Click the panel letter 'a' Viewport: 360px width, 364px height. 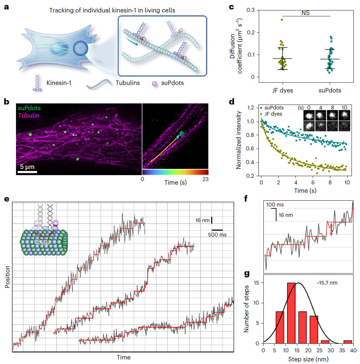coord(7,7)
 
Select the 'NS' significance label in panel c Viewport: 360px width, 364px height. coord(305,13)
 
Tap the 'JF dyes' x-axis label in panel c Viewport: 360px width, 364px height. coord(283,91)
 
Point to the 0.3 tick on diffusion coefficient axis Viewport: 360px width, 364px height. coord(251,10)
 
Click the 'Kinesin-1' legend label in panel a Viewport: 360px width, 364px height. coord(59,83)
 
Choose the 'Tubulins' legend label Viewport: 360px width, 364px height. coord(128,83)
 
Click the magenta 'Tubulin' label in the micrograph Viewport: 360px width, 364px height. coord(29,115)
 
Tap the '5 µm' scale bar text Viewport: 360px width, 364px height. coord(27,167)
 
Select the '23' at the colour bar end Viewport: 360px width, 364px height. coord(205,179)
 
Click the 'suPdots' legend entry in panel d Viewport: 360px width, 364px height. coord(274,108)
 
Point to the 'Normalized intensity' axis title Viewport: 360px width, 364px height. coord(239,140)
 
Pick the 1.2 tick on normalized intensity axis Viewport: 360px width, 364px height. coord(251,108)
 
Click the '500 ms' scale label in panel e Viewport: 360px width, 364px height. coord(217,235)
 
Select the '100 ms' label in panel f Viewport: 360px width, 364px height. coord(275,205)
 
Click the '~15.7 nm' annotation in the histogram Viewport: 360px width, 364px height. coord(327,283)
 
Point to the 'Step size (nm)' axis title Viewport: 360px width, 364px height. coord(308,359)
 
